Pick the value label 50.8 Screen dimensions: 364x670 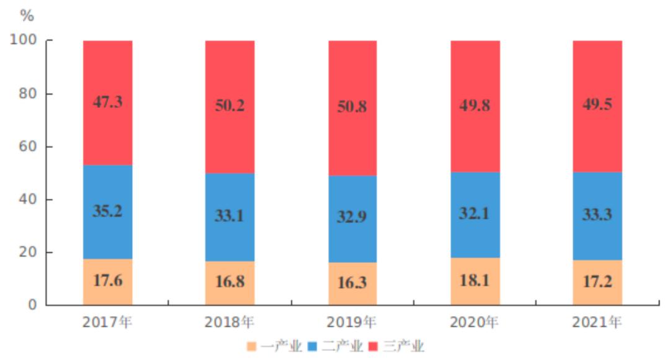pos(352,106)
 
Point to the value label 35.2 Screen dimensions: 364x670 pos(107,211)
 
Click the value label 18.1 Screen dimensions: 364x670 pos(475,280)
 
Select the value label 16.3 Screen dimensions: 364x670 pos(352,282)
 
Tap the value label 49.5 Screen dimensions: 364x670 pos(597,104)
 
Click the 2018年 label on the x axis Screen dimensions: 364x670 pos(230,322)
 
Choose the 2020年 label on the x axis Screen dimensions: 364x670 pos(475,322)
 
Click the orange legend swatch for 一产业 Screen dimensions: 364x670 pos(251,346)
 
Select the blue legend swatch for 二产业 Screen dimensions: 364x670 pos(312,346)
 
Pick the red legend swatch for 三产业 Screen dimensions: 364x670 pos(373,346)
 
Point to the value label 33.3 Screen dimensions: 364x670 pos(597,214)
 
